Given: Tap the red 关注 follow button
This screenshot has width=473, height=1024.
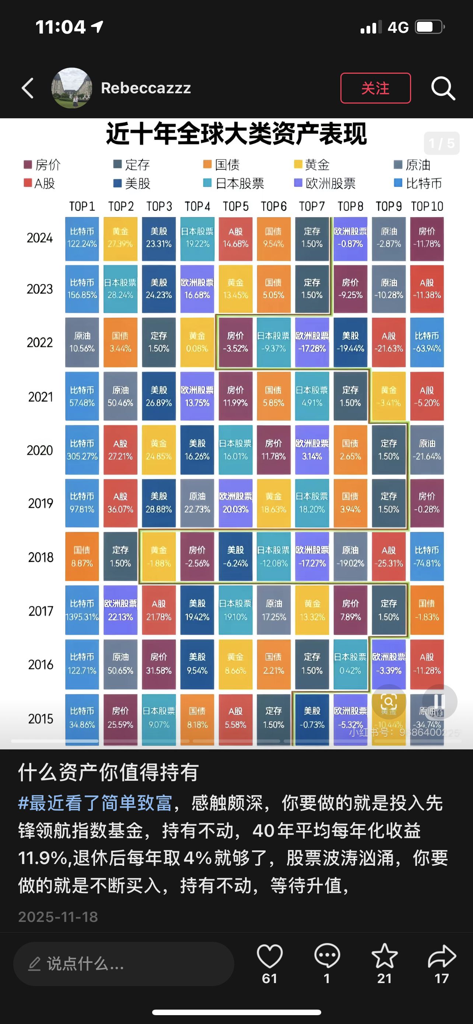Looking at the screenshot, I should tap(375, 88).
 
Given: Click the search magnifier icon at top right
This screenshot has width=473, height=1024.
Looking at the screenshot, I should tap(443, 88).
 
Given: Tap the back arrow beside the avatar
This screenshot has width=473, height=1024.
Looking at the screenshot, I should tap(27, 88).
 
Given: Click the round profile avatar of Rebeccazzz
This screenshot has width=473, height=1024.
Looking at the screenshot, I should tap(72, 88).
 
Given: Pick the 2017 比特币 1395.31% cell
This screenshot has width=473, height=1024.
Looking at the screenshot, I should tap(82, 610).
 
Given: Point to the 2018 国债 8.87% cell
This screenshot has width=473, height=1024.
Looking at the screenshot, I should tap(82, 557).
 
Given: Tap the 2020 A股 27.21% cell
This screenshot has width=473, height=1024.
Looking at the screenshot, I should tap(120, 450).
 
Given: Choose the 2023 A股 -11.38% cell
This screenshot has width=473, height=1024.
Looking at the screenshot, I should tap(427, 289).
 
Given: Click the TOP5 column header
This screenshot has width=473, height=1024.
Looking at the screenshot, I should tap(235, 206).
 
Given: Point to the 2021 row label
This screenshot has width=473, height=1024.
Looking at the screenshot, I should tap(40, 397).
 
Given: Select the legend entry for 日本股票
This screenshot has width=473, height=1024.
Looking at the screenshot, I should tap(234, 183).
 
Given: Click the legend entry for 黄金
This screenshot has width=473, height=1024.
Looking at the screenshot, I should tap(312, 164).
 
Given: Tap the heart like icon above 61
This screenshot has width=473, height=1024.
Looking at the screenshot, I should tap(270, 956).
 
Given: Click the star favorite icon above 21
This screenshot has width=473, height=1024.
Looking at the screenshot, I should tap(385, 956).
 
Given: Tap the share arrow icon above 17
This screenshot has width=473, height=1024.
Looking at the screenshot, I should tap(442, 956).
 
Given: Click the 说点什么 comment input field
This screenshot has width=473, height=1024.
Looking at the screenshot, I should tap(123, 964).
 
